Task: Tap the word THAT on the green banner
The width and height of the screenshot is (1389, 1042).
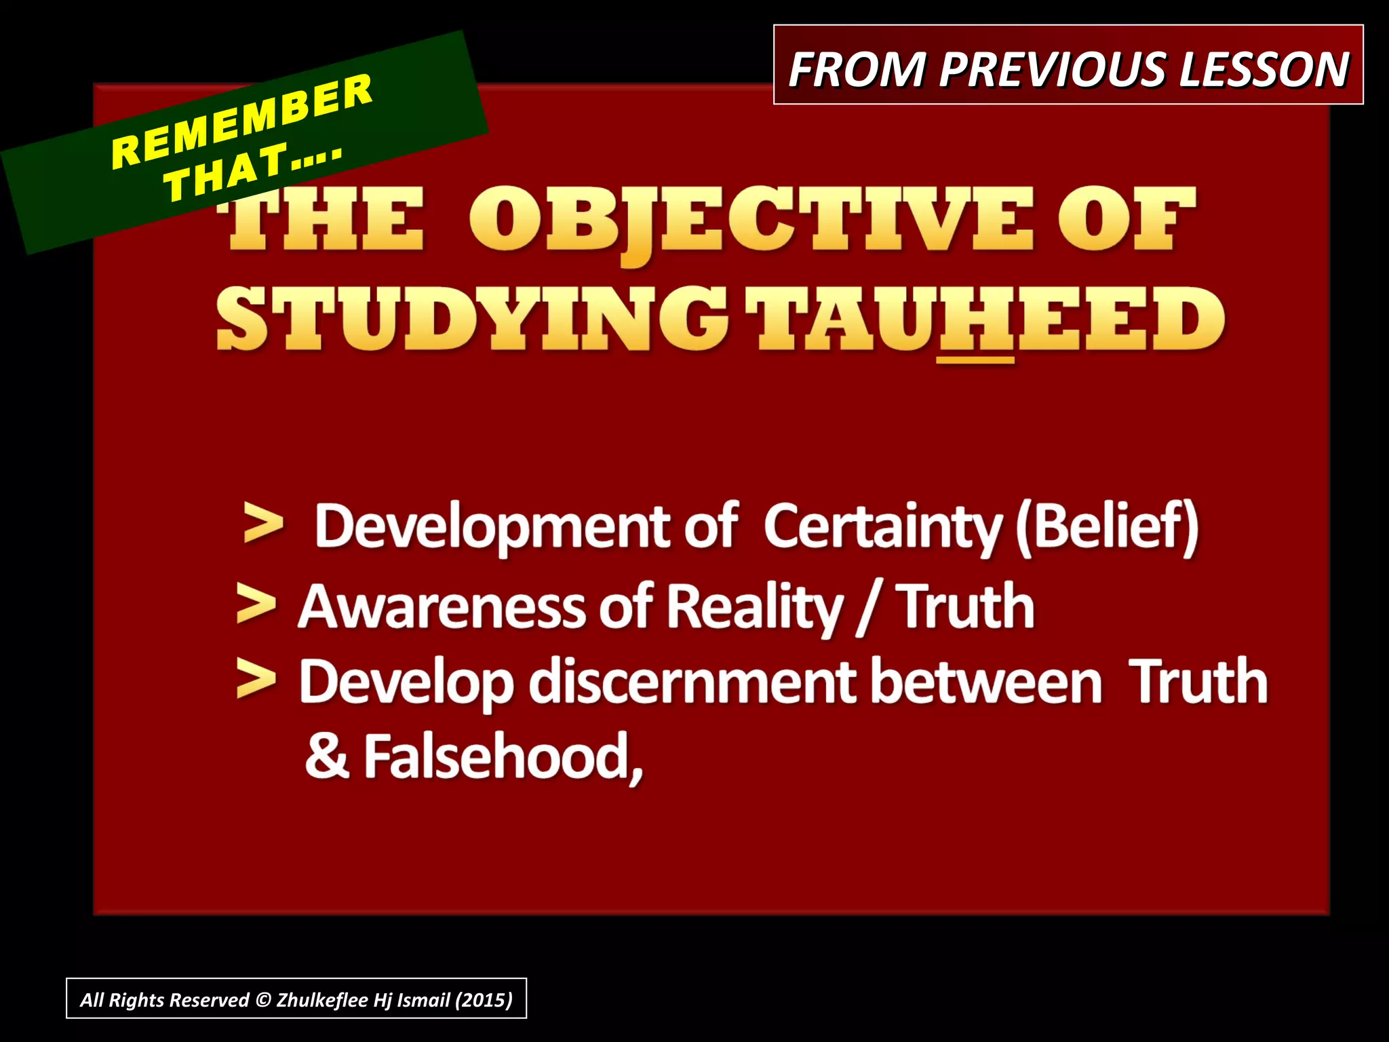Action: (x=227, y=174)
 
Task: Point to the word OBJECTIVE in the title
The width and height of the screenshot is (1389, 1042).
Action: (x=751, y=221)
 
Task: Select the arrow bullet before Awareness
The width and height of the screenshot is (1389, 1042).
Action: (x=256, y=605)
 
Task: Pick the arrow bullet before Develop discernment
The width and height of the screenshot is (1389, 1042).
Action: (x=256, y=680)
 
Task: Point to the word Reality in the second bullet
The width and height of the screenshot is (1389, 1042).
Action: (x=754, y=607)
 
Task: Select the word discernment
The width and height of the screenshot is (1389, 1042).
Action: (x=692, y=682)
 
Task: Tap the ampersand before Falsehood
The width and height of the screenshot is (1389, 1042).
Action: (x=327, y=757)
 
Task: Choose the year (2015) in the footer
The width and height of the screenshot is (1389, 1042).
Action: (x=484, y=1000)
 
